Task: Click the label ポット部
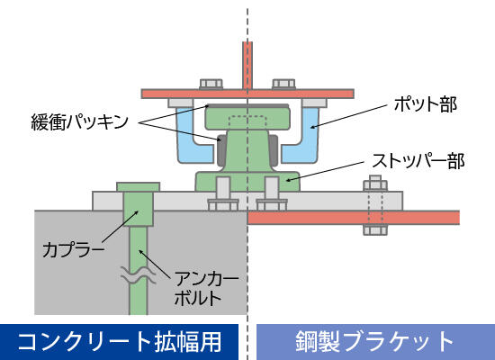(426, 104)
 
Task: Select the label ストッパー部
(418, 161)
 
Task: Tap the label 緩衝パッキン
(80, 121)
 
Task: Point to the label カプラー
(73, 249)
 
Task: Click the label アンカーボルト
(206, 289)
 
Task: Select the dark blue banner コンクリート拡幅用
(120, 342)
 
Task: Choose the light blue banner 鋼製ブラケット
(375, 342)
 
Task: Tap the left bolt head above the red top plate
(211, 84)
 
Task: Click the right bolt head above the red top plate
(283, 84)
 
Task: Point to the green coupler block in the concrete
(139, 209)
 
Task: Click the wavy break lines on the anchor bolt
(139, 275)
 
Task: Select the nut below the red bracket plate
(375, 229)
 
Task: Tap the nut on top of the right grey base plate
(375, 184)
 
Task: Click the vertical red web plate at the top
(247, 66)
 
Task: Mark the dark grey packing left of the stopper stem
(221, 150)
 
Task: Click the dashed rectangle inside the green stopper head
(247, 122)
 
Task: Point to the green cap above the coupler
(139, 187)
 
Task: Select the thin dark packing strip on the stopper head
(247, 105)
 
